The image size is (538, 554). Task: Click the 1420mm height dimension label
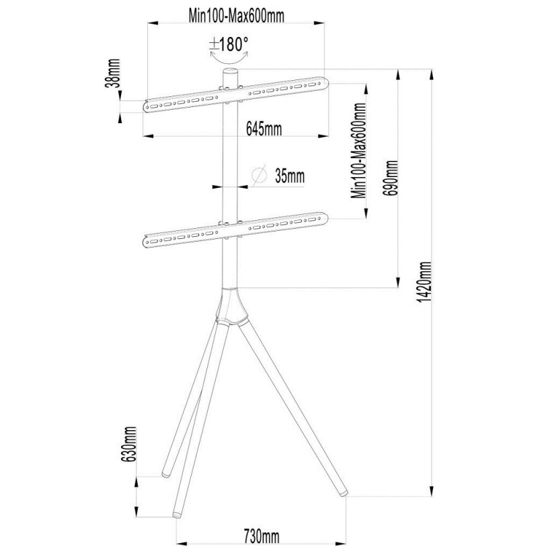424,281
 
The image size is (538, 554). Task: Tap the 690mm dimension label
391,178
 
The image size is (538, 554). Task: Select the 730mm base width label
261,536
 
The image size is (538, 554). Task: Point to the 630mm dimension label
128,444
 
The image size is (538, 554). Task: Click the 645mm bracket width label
264,129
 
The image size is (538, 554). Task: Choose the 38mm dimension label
113,73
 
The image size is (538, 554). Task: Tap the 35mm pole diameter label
289,176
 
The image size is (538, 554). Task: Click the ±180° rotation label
229,45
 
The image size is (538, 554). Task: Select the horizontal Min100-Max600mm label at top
236,16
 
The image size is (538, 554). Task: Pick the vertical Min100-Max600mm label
358,151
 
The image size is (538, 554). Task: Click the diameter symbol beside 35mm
259,175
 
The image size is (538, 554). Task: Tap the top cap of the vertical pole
230,72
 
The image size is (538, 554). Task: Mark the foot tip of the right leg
344,493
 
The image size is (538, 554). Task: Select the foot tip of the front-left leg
176,514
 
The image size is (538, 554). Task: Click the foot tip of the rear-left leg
165,474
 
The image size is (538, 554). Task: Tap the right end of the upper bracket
325,83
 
